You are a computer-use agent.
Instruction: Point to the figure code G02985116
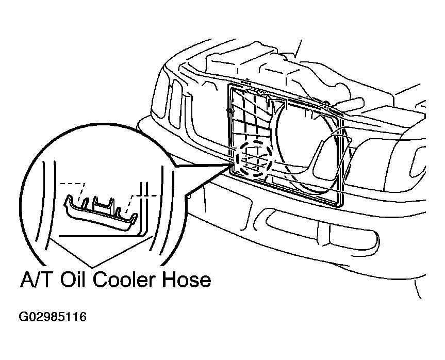pyautogui.click(x=53, y=317)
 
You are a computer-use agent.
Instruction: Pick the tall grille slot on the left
pyautogui.click(x=175, y=104)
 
